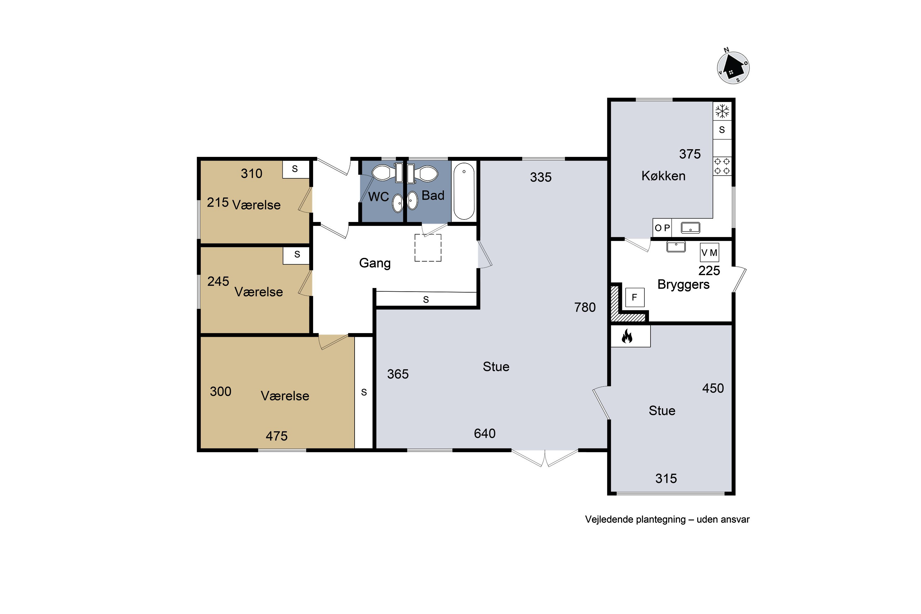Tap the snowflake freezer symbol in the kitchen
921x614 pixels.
[722, 111]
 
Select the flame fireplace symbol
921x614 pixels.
[627, 336]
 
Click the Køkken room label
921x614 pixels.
[663, 176]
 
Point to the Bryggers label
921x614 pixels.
[683, 284]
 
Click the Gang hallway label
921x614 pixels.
[375, 263]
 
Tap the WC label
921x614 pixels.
[378, 196]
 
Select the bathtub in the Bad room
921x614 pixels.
[464, 191]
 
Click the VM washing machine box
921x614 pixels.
[709, 253]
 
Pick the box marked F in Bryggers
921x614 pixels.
[634, 297]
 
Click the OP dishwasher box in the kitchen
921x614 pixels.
[662, 228]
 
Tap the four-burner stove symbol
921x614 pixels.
[722, 166]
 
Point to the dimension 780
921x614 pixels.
[585, 307]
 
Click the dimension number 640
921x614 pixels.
[485, 433]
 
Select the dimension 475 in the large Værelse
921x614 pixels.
[277, 436]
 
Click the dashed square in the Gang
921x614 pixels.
[428, 248]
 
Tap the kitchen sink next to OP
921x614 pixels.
[690, 227]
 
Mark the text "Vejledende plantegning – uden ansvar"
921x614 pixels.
[667, 520]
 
